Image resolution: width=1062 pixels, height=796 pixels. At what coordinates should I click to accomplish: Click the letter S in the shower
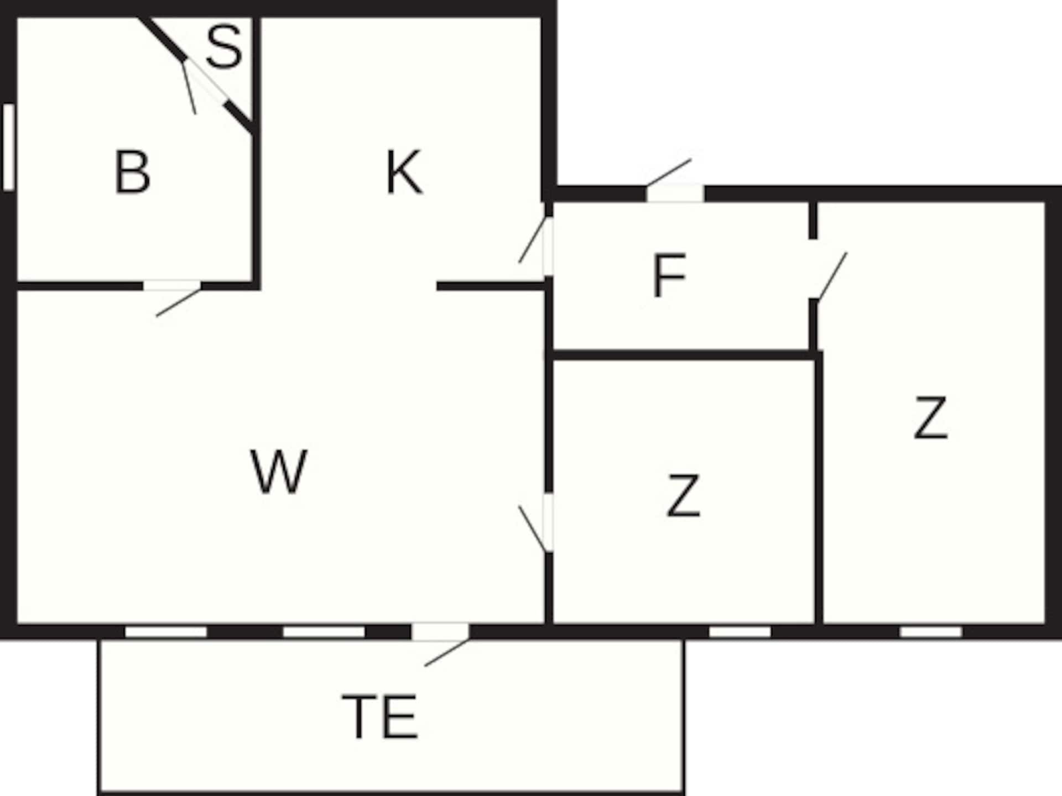pyautogui.click(x=224, y=47)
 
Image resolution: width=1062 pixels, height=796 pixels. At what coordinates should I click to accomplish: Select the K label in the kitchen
pyautogui.click(x=404, y=172)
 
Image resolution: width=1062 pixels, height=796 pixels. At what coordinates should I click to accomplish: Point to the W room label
pyautogui.click(x=279, y=471)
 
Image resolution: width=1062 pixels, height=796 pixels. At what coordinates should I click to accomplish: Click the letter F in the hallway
pyautogui.click(x=669, y=275)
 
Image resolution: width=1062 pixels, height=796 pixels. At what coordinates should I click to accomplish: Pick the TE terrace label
pyautogui.click(x=379, y=717)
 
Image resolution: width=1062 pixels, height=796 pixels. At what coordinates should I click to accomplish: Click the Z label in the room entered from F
pyautogui.click(x=931, y=418)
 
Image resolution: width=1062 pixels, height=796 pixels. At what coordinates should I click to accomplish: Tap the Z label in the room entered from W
pyautogui.click(x=684, y=496)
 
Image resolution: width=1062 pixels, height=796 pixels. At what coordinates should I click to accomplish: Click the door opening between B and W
pyautogui.click(x=172, y=286)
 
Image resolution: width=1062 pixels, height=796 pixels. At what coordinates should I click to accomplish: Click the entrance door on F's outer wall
pyautogui.click(x=675, y=193)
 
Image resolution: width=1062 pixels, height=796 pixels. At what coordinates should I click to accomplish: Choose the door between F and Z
pyautogui.click(x=813, y=269)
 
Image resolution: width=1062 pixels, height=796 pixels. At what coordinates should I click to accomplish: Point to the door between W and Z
pyautogui.click(x=548, y=522)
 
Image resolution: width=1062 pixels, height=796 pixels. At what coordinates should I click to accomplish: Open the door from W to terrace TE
pyautogui.click(x=440, y=631)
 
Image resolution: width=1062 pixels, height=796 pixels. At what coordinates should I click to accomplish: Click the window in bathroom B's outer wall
pyautogui.click(x=8, y=147)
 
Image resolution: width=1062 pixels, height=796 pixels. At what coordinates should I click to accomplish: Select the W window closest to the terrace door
pyautogui.click(x=324, y=632)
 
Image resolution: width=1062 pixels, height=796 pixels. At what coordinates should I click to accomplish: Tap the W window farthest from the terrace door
pyautogui.click(x=166, y=632)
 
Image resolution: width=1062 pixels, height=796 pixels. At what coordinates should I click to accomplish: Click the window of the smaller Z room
pyautogui.click(x=740, y=632)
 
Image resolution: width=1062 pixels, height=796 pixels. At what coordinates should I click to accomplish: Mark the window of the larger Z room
pyautogui.click(x=931, y=632)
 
